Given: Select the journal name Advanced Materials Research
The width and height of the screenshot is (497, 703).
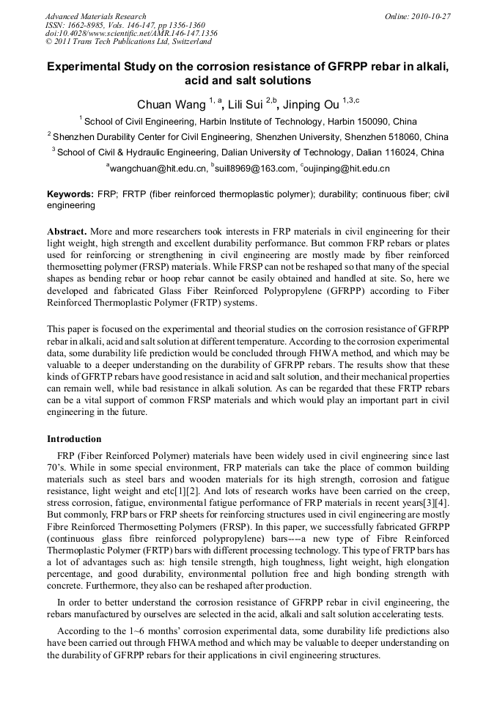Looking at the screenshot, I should click(x=95, y=16).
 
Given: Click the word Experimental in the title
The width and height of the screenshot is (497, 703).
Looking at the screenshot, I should click(x=83, y=66).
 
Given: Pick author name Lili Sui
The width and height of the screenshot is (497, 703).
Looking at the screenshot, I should click(x=245, y=105).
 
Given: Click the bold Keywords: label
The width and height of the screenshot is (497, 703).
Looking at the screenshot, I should click(x=70, y=194).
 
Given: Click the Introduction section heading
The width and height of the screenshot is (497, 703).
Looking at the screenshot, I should click(x=74, y=439).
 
